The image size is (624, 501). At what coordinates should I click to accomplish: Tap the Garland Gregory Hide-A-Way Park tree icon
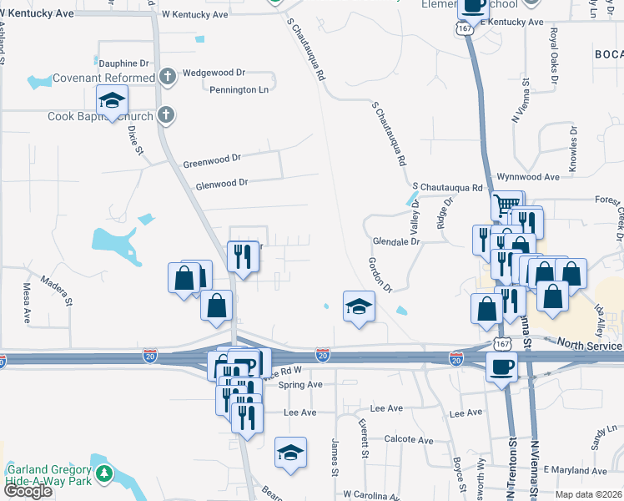click(103, 474)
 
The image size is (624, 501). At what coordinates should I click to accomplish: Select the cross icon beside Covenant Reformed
click(167, 78)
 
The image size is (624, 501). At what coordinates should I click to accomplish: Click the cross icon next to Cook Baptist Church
click(165, 116)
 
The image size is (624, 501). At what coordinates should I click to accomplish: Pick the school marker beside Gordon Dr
click(359, 306)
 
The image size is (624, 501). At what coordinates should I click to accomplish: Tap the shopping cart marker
click(506, 205)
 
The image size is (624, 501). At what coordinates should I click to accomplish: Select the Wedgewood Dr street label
click(212, 73)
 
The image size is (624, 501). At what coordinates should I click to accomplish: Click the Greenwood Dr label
click(211, 157)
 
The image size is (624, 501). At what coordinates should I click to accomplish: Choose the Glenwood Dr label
click(221, 183)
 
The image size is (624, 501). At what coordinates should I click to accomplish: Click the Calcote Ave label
click(408, 440)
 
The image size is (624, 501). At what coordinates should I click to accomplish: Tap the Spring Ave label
click(300, 385)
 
